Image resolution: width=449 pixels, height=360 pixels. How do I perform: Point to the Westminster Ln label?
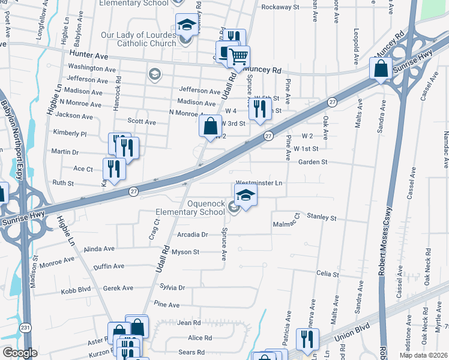[259, 182]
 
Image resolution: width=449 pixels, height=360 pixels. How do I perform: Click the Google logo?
[19, 352]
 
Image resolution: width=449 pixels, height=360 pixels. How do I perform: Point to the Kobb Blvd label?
[76, 292]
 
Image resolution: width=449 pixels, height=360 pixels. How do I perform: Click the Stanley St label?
[322, 217]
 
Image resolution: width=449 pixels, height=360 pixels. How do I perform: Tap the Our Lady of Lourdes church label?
[139, 39]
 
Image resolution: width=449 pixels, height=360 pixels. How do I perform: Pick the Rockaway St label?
[280, 7]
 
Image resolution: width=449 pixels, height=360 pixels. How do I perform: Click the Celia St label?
[328, 274]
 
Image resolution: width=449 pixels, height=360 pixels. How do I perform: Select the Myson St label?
[185, 252]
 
